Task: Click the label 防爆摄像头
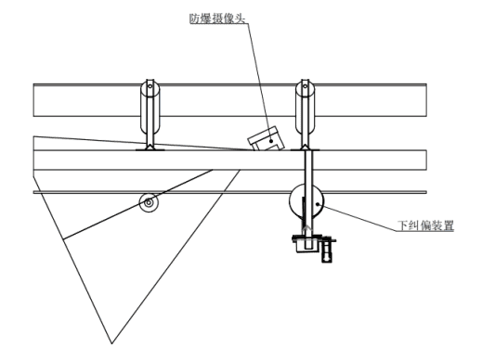click(x=217, y=19)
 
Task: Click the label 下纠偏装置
click(x=425, y=225)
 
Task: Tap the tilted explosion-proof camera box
click(x=266, y=138)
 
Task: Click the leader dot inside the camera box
click(x=271, y=142)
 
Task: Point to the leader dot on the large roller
click(x=318, y=204)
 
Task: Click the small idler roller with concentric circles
click(x=149, y=202)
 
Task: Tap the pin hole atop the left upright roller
click(x=150, y=86)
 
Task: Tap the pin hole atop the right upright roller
click(x=305, y=86)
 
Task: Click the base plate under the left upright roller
click(x=150, y=149)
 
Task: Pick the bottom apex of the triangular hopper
click(x=111, y=343)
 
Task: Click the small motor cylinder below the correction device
click(x=326, y=251)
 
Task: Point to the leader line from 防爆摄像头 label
click(x=258, y=83)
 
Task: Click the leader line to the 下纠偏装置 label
click(x=358, y=217)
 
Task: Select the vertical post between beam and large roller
click(x=308, y=198)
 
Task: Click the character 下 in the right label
click(x=403, y=225)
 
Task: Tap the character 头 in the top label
click(x=240, y=19)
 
